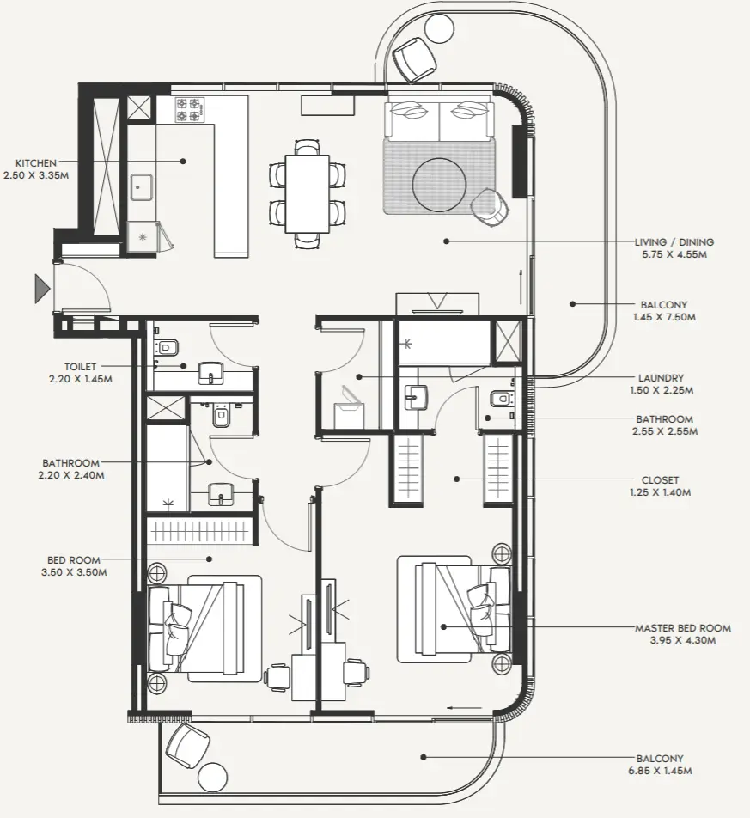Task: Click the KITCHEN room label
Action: (36, 162)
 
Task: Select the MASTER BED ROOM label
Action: (683, 628)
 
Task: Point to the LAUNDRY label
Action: (662, 377)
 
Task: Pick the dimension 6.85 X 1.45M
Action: (660, 772)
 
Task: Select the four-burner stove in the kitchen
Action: (189, 109)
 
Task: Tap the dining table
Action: (308, 193)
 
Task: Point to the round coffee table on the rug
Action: (440, 181)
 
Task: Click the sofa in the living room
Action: (440, 119)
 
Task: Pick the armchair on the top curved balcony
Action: (414, 58)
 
